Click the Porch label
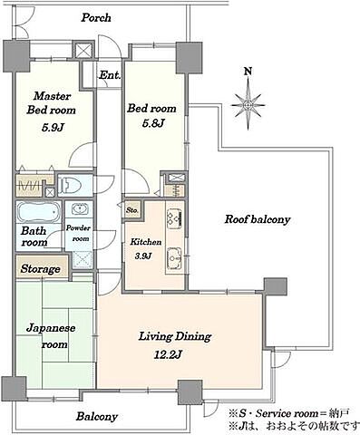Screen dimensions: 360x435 (x=96, y=17)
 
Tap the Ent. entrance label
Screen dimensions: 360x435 (x=110, y=75)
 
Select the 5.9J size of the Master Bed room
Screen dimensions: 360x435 (x=53, y=128)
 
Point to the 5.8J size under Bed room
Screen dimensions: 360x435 (x=153, y=123)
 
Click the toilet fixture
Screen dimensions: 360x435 (x=70, y=185)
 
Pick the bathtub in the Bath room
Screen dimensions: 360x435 (x=38, y=212)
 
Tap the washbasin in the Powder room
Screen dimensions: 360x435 (x=80, y=208)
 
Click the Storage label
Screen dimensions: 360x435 (x=40, y=268)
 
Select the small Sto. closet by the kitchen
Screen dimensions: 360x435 (x=132, y=209)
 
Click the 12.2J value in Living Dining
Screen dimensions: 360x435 (x=168, y=354)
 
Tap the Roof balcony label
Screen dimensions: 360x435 (x=258, y=219)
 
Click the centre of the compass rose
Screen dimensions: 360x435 (x=248, y=105)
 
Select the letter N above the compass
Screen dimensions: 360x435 (x=248, y=72)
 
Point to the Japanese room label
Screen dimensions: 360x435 (x=51, y=336)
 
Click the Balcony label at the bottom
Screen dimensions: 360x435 (x=96, y=417)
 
